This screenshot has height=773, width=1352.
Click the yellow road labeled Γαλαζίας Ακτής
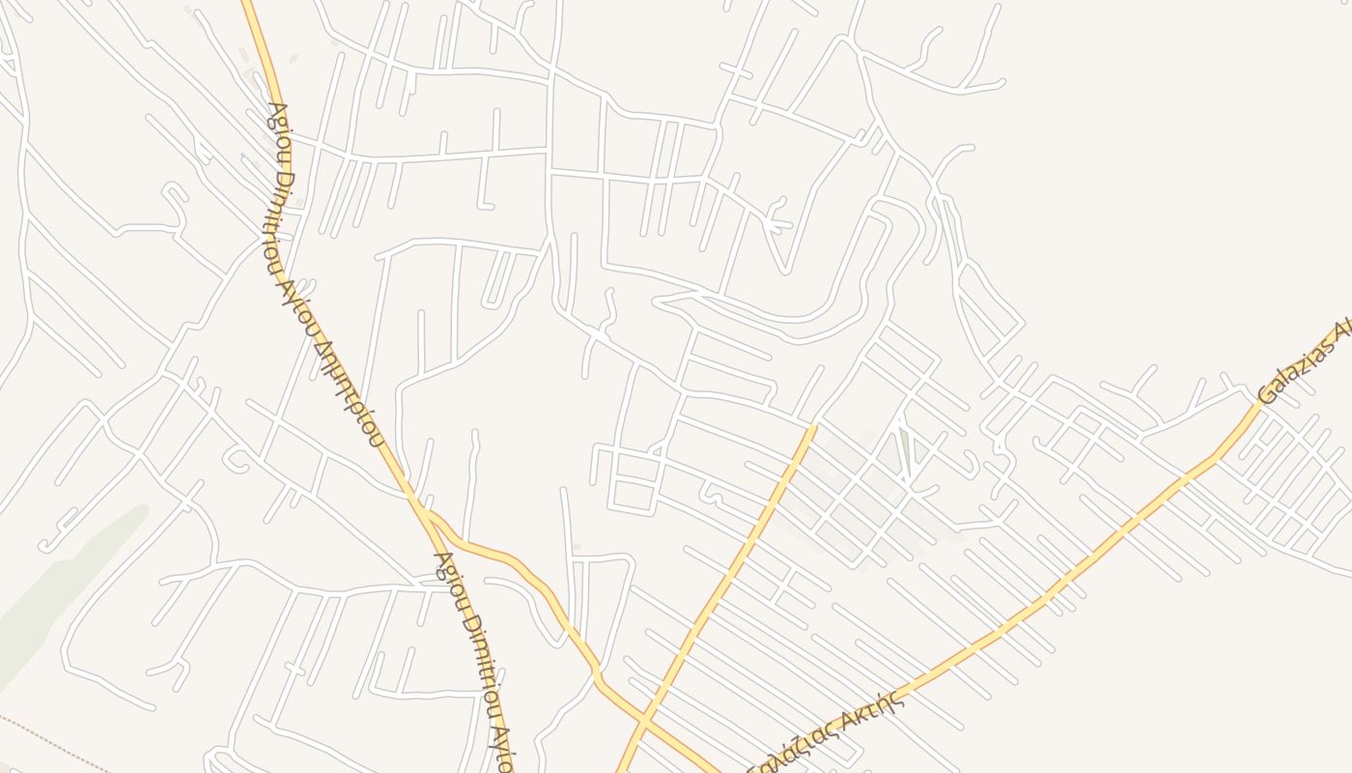[1014, 618]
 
